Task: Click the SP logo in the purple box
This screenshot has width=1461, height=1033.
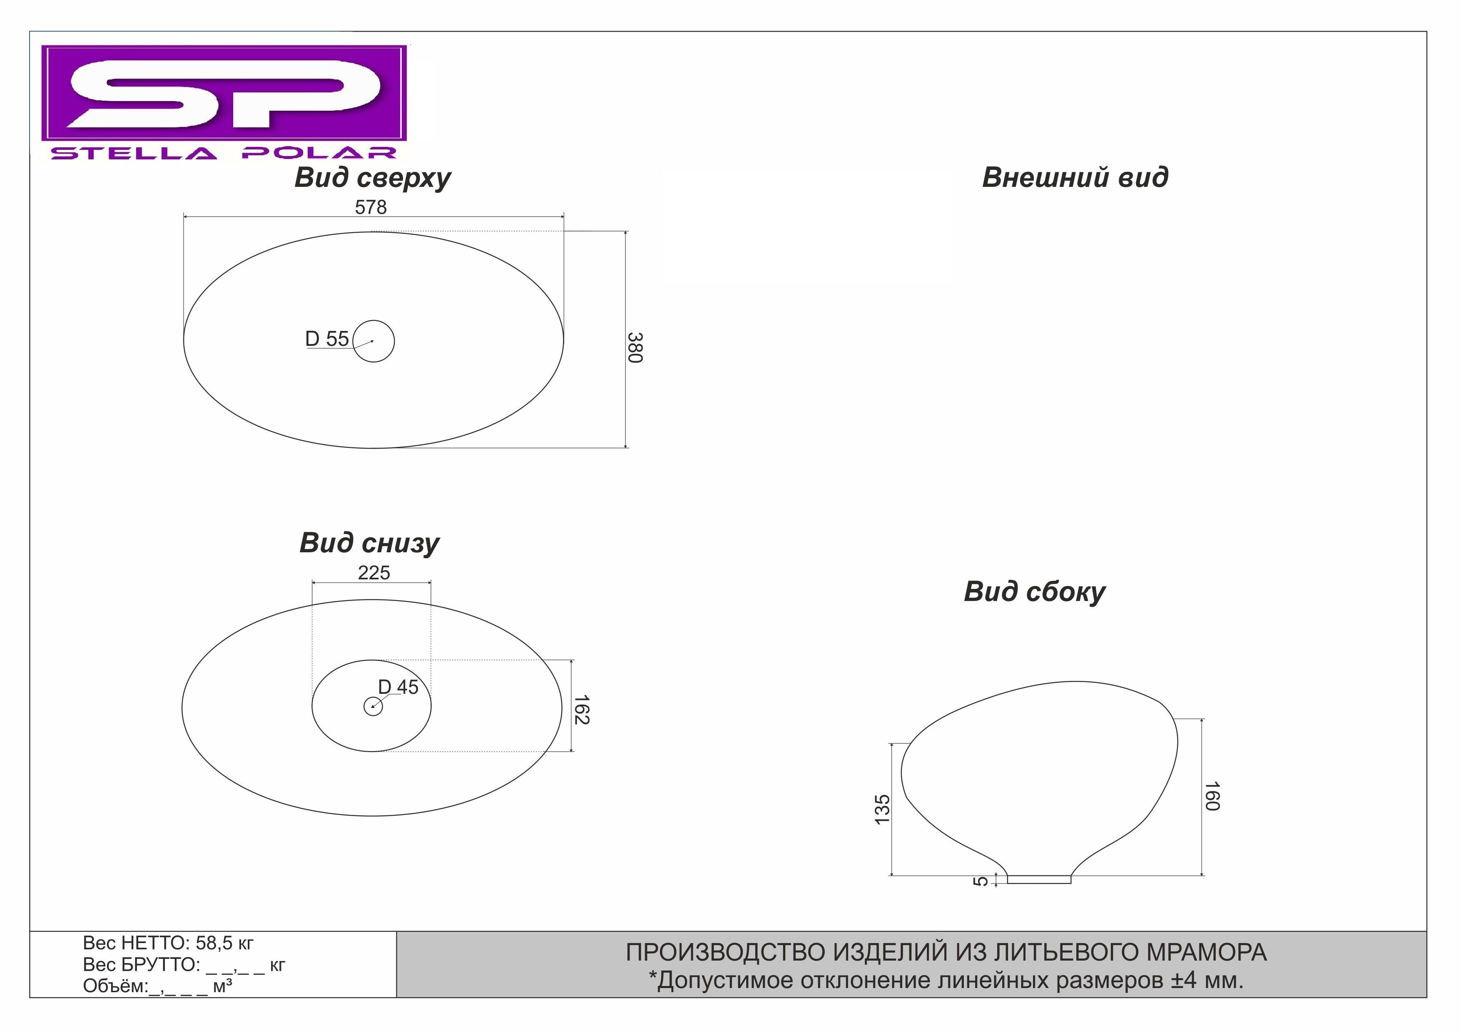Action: [x=224, y=93]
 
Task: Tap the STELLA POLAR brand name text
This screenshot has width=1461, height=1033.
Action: [x=224, y=153]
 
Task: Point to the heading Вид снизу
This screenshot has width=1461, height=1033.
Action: [x=369, y=543]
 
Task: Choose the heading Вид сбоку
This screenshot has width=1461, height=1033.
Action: [x=1035, y=591]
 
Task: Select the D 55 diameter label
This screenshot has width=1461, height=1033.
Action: [x=327, y=339]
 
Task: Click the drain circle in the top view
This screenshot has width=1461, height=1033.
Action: [x=373, y=341]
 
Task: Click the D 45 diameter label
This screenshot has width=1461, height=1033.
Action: [x=398, y=687]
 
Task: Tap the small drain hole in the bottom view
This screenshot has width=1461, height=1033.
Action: [x=373, y=706]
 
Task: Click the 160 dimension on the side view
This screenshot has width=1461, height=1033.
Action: [x=1212, y=796]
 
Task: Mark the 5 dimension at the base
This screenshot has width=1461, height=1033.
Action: [x=981, y=881]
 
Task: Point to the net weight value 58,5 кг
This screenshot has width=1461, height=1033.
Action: [x=224, y=943]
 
